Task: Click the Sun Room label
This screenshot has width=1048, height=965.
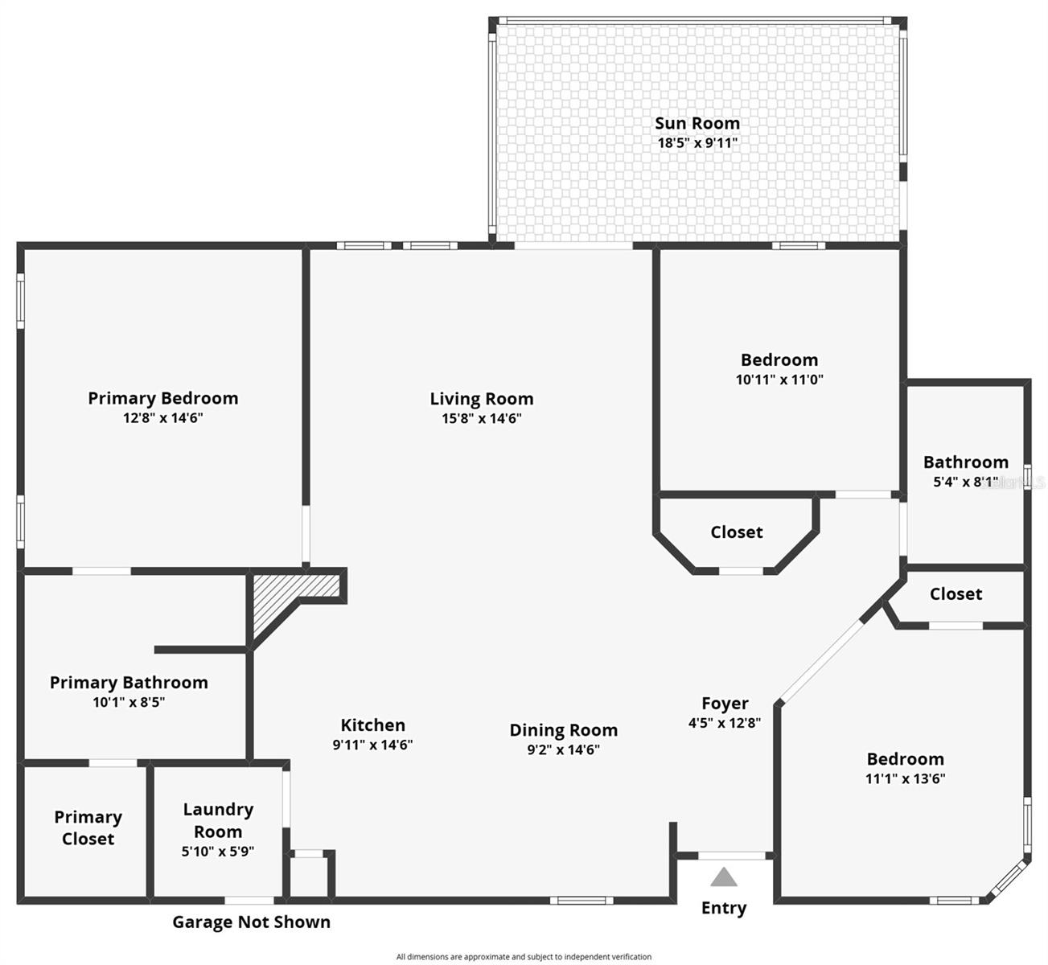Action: point(697,123)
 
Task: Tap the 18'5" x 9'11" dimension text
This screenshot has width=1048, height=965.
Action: point(697,143)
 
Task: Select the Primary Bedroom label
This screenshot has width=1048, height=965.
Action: point(162,398)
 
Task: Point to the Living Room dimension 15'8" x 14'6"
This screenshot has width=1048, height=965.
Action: point(481,418)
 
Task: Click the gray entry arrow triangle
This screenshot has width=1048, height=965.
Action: point(724,877)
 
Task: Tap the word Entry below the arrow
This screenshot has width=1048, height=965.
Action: point(724,908)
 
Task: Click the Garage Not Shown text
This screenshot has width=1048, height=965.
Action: point(251,922)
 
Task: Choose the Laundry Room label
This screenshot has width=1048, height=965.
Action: point(218,820)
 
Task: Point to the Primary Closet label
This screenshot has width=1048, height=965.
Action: point(88,827)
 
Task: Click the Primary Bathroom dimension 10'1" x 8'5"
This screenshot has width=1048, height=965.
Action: point(129,702)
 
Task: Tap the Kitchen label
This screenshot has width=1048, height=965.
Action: point(372,725)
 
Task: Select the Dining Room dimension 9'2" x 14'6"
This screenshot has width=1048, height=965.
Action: point(563,749)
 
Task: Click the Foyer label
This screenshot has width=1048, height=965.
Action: point(725,704)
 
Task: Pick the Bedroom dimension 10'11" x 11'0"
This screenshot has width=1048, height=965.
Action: point(779,380)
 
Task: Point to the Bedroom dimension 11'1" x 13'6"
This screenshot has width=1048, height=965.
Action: point(905,778)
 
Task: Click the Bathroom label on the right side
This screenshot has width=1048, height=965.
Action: point(965,462)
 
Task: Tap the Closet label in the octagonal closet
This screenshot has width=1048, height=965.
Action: point(736,532)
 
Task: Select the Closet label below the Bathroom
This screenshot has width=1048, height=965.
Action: point(956,594)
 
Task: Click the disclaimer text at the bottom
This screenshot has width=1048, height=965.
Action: point(524,957)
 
